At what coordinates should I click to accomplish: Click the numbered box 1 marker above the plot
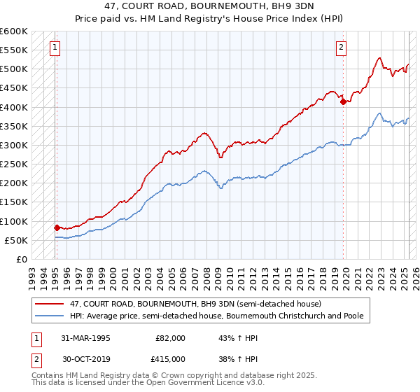(x=55, y=48)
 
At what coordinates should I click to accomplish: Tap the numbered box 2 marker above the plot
(x=341, y=48)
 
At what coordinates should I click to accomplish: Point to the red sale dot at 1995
(x=57, y=227)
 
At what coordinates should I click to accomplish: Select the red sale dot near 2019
(x=343, y=101)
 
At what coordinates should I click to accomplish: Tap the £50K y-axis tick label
(x=17, y=240)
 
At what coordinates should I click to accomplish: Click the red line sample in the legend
(x=50, y=304)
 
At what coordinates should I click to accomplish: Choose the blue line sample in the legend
(x=50, y=316)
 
